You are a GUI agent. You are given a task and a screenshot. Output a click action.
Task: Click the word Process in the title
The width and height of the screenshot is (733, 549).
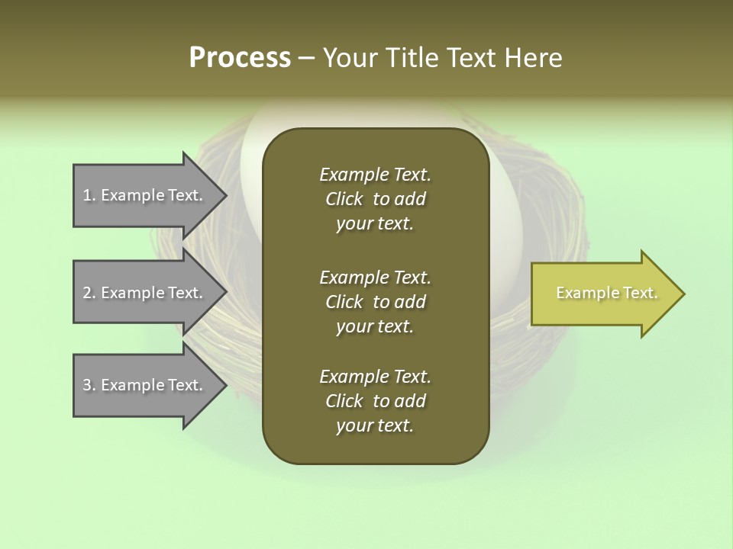pos(240,58)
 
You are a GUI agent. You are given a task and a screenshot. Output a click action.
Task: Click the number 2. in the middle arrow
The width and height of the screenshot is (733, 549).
pos(89,293)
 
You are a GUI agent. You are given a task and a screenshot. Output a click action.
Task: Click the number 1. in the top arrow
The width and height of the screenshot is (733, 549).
pos(89,195)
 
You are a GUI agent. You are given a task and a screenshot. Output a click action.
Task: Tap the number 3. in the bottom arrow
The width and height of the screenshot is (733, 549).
pos(89,385)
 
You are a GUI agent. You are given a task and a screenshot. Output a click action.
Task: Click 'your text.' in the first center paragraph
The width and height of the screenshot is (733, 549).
pos(375,224)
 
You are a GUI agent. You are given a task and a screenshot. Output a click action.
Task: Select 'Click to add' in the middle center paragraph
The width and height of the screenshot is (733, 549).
pos(375,302)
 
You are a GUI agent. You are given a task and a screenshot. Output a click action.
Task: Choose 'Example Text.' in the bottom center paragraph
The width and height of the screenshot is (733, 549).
pos(375,377)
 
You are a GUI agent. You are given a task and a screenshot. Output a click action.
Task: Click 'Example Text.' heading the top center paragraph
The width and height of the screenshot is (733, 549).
pos(375,175)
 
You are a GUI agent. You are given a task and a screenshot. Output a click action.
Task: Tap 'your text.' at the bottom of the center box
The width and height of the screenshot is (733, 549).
pos(375,426)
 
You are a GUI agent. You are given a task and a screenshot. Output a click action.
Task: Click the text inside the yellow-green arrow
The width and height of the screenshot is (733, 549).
pos(607,293)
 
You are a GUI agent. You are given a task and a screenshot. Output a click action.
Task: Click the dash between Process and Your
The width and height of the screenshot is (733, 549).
pos(306,58)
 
